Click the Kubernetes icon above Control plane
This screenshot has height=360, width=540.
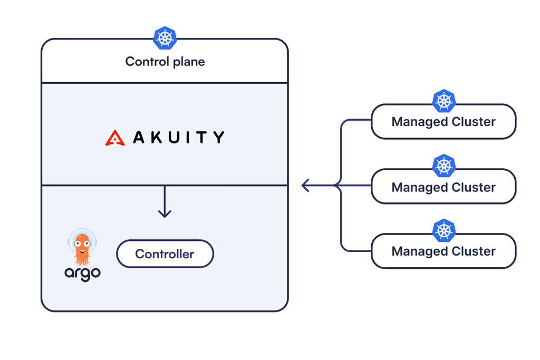[x=165, y=38]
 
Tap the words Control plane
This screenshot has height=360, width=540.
[x=165, y=62]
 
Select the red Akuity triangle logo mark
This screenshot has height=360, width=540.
[x=115, y=138]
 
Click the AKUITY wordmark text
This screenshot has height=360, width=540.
[x=178, y=138]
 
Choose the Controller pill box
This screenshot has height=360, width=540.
[x=165, y=254]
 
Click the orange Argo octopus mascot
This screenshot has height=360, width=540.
[x=82, y=248]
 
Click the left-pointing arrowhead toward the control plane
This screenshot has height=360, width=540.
[x=305, y=186]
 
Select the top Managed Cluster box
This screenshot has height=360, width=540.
[x=443, y=122]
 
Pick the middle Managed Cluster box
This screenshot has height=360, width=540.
[x=443, y=187]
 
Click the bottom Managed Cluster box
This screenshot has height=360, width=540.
[x=443, y=251]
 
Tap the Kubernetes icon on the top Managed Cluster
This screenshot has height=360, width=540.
[x=444, y=101]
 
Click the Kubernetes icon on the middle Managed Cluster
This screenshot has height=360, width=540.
[x=444, y=166]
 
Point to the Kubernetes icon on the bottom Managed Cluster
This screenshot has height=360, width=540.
[x=444, y=230]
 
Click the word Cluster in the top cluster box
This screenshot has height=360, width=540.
[x=474, y=122]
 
